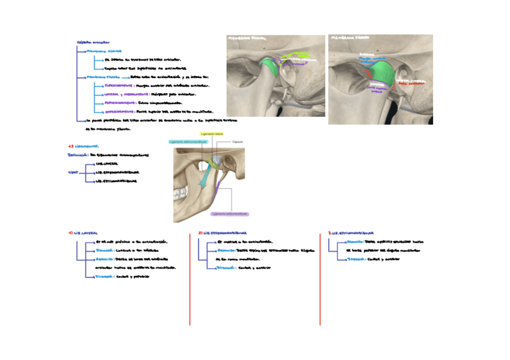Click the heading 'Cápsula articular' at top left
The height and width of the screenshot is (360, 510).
(x=93, y=42)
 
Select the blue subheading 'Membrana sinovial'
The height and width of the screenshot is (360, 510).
(x=105, y=51)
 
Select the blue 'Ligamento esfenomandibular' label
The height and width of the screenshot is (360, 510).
(x=188, y=142)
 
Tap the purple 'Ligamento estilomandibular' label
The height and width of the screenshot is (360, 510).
(x=229, y=213)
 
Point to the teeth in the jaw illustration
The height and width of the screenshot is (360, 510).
(x=180, y=194)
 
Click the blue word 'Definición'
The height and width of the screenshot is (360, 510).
(x=81, y=154)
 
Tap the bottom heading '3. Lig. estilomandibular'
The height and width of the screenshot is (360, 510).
(x=351, y=233)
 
